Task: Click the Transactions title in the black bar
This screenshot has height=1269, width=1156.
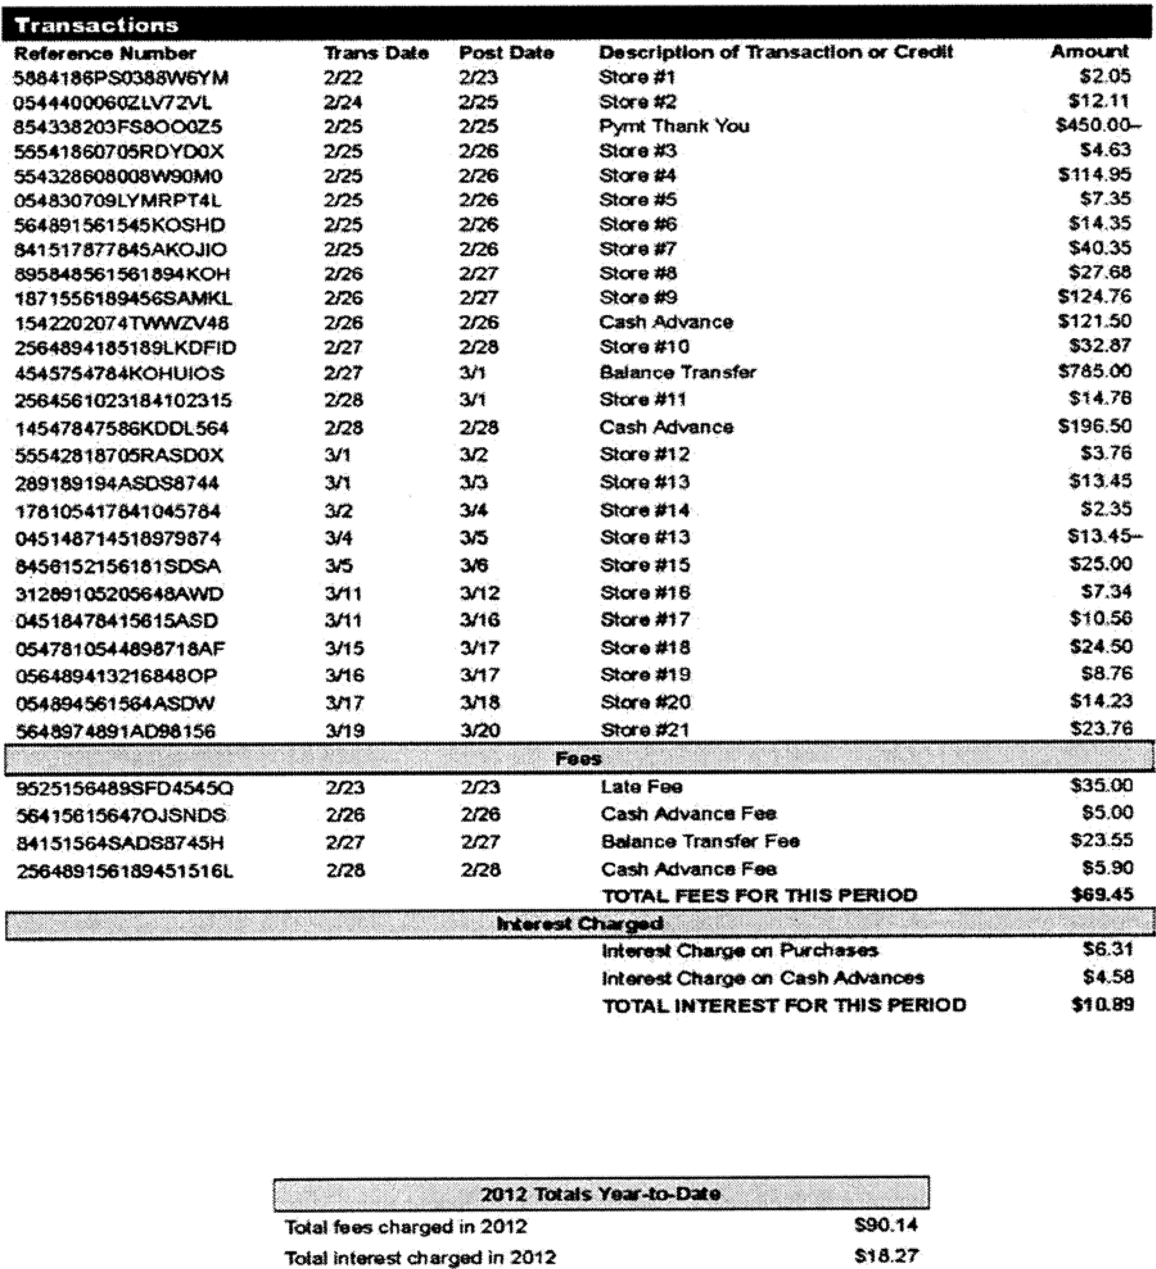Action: [x=96, y=25]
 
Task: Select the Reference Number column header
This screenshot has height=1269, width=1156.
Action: [x=105, y=54]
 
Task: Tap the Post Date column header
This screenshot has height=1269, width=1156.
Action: [x=506, y=53]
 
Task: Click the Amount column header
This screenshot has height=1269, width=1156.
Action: [x=1089, y=52]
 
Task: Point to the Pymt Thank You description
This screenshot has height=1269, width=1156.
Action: [x=674, y=126]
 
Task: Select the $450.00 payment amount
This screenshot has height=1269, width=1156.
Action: [x=1098, y=125]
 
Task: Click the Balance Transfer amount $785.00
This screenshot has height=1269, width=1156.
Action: [x=1095, y=371]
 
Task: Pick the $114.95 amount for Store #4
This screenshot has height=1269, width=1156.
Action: [x=1095, y=174]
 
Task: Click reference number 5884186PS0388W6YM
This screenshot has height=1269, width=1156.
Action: [x=121, y=78]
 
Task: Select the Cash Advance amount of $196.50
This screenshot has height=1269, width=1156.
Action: [x=1095, y=426]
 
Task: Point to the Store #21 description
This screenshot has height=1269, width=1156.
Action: [x=645, y=730]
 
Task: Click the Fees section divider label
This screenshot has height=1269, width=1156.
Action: [x=578, y=758]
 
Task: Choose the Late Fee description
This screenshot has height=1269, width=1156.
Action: [x=641, y=787]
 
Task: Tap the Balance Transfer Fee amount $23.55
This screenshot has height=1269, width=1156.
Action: [x=1101, y=840]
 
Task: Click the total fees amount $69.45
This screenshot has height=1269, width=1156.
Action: [x=1102, y=894]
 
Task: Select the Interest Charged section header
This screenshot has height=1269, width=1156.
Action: [x=580, y=924]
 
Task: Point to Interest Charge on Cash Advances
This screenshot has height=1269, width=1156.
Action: [x=763, y=978]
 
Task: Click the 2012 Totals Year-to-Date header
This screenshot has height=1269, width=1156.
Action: [x=601, y=1194]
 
